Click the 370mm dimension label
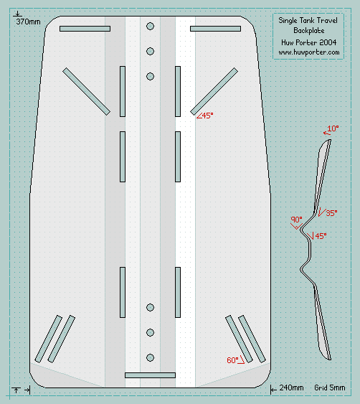pyautogui.click(x=27, y=23)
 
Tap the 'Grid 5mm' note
pyautogui.click(x=331, y=387)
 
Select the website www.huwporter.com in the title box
pyautogui.click(x=308, y=53)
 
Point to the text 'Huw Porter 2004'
pyautogui.click(x=308, y=42)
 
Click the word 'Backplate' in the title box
pyautogui.click(x=308, y=32)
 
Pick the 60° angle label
pyautogui.click(x=232, y=360)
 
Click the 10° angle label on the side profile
pyautogui.click(x=333, y=129)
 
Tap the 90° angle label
pyautogui.click(x=296, y=220)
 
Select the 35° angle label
pyautogui.click(x=331, y=213)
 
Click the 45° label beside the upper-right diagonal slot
pyautogui.click(x=206, y=116)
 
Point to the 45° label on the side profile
pyautogui.click(x=320, y=235)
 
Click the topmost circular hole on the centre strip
pyautogui.click(x=150, y=27)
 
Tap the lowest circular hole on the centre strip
pyautogui.click(x=150, y=357)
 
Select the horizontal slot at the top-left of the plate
pyautogui.click(x=85, y=29)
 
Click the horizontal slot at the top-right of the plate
pyautogui.click(x=215, y=29)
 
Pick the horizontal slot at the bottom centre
pyautogui.click(x=150, y=375)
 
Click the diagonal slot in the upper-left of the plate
pyautogui.click(x=86, y=91)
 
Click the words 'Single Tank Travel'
pyautogui.click(x=308, y=21)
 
